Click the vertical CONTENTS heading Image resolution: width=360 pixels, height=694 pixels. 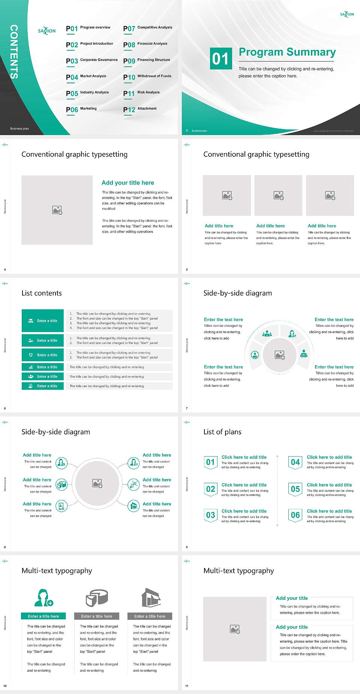tap(14, 52)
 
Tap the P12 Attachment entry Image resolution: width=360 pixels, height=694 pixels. tap(140, 109)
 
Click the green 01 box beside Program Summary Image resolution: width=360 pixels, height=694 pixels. tap(220, 59)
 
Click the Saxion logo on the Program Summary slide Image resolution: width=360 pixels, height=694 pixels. tap(347, 14)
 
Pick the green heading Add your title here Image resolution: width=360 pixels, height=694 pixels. tap(127, 183)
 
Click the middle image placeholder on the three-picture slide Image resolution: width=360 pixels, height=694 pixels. tap(278, 195)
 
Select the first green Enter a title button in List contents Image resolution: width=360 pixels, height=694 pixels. tap(43, 321)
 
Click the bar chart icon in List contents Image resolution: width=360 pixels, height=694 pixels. tap(31, 367)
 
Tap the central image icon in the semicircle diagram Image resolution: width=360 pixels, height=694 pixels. tap(280, 355)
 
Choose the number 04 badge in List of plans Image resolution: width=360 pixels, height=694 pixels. tap(295, 462)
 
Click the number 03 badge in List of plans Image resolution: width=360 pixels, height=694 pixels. tap(210, 515)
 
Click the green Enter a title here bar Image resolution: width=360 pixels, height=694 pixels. tap(43, 616)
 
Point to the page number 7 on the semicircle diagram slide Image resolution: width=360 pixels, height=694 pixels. tap(187, 408)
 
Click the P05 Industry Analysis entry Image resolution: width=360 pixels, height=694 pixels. tap(87, 93)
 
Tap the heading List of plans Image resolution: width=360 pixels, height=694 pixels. tap(222, 432)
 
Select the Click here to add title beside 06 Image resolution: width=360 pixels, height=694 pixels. tap(329, 511)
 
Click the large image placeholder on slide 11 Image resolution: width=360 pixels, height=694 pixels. tap(235, 629)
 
